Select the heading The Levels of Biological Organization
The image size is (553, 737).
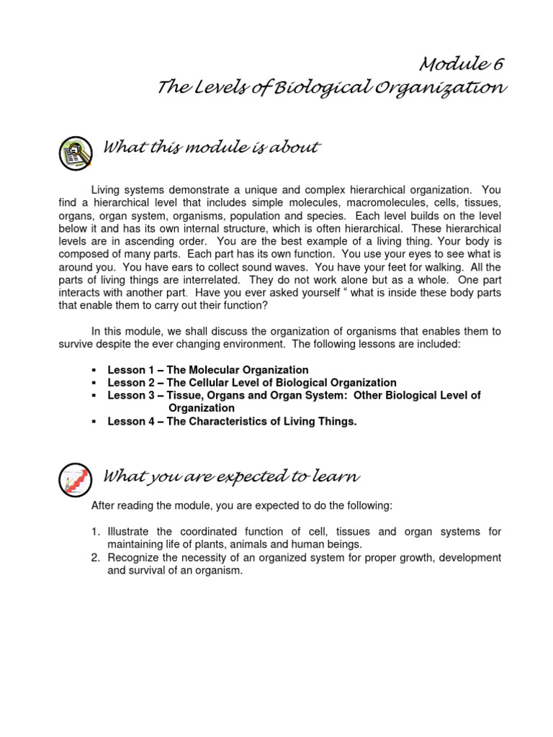click(332, 89)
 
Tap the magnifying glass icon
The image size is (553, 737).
click(74, 153)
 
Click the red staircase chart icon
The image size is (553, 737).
click(74, 479)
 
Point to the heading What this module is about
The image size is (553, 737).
click(212, 148)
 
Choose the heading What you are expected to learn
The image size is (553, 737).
click(232, 476)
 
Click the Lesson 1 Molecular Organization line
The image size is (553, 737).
click(208, 370)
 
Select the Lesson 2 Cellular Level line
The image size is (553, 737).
click(251, 383)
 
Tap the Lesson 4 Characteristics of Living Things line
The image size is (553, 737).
click(232, 422)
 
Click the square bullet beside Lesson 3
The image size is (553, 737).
click(94, 396)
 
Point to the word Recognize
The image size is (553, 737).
click(133, 558)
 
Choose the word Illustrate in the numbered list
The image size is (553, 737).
click(129, 532)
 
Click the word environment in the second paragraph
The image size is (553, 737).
click(255, 344)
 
